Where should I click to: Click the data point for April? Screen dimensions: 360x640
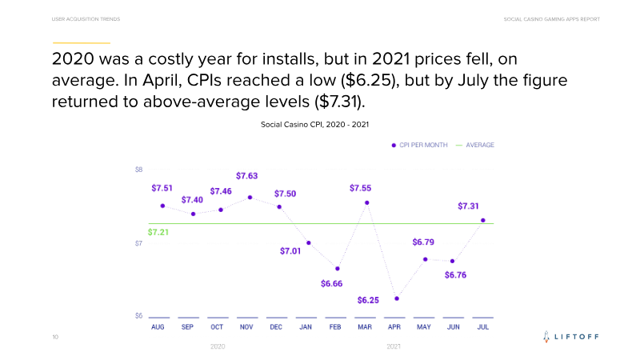click(x=397, y=299)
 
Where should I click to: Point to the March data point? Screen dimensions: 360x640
click(x=367, y=202)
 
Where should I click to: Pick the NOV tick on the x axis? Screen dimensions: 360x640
click(x=247, y=327)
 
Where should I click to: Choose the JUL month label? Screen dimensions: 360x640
click(x=482, y=327)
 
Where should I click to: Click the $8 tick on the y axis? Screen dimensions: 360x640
click(x=138, y=170)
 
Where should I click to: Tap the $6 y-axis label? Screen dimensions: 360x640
click(x=138, y=316)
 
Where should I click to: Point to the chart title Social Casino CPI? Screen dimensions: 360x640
click(x=314, y=124)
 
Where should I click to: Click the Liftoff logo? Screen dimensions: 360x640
click(x=570, y=338)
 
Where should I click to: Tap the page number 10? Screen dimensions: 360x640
click(x=54, y=338)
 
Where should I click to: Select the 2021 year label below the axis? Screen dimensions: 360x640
click(x=394, y=346)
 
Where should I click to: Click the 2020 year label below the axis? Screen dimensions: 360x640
click(x=218, y=346)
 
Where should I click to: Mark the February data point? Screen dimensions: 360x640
click(x=338, y=269)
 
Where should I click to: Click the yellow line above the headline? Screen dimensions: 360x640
click(x=81, y=42)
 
